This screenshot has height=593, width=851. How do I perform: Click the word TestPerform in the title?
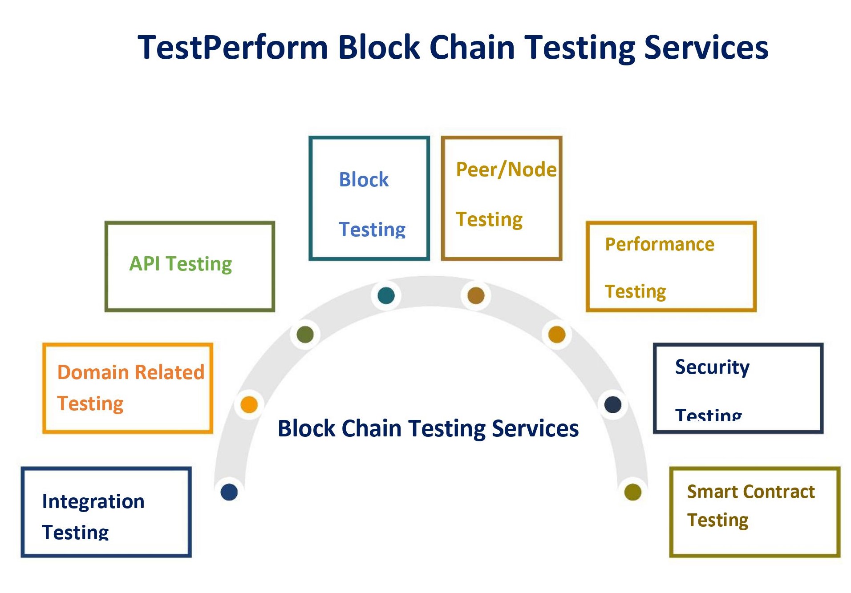(x=233, y=48)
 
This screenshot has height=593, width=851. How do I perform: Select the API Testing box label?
(x=180, y=264)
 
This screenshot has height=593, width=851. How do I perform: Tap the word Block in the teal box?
(x=364, y=180)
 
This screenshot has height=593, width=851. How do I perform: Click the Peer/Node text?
(x=506, y=169)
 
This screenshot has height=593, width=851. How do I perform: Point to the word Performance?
(x=659, y=244)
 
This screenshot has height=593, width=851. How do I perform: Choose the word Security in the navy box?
(x=712, y=367)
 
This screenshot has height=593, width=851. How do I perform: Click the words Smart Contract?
(x=750, y=492)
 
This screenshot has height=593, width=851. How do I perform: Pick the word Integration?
(x=93, y=501)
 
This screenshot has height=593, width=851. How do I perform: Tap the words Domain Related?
(x=130, y=372)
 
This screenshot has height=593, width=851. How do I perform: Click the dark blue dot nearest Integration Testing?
(x=229, y=492)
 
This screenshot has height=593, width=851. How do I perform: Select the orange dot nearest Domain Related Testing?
(x=249, y=404)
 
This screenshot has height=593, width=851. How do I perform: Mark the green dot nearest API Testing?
(x=305, y=335)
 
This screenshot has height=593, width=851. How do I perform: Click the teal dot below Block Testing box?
(x=386, y=295)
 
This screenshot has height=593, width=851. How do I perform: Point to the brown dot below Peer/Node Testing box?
(x=476, y=295)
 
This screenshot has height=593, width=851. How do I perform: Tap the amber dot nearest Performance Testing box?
(x=557, y=335)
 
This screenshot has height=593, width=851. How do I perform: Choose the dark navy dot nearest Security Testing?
(x=613, y=404)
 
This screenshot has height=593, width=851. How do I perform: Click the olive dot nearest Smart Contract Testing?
(x=632, y=492)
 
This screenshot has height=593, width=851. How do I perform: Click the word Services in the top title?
(x=706, y=48)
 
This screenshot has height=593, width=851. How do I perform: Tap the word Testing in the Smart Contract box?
(x=717, y=520)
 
